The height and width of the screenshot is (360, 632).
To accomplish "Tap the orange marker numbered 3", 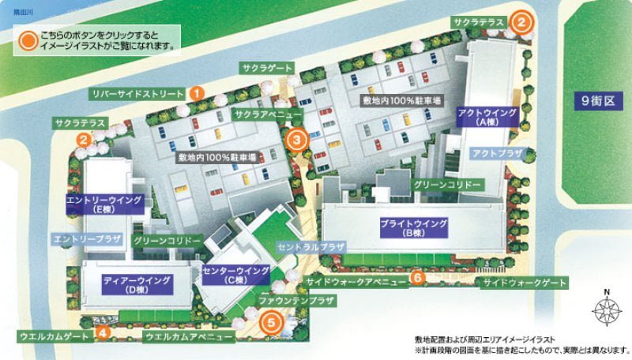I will click(295, 141).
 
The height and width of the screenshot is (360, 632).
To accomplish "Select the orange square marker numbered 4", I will click(103, 332).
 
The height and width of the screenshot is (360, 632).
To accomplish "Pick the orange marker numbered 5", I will click(271, 322).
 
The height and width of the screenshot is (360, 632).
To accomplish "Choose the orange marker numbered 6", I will click(418, 277).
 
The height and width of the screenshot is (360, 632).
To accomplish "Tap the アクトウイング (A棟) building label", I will click(487, 118).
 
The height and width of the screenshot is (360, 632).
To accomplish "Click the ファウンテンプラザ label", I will click(297, 301).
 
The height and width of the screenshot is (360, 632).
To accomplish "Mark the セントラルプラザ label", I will click(311, 246).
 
